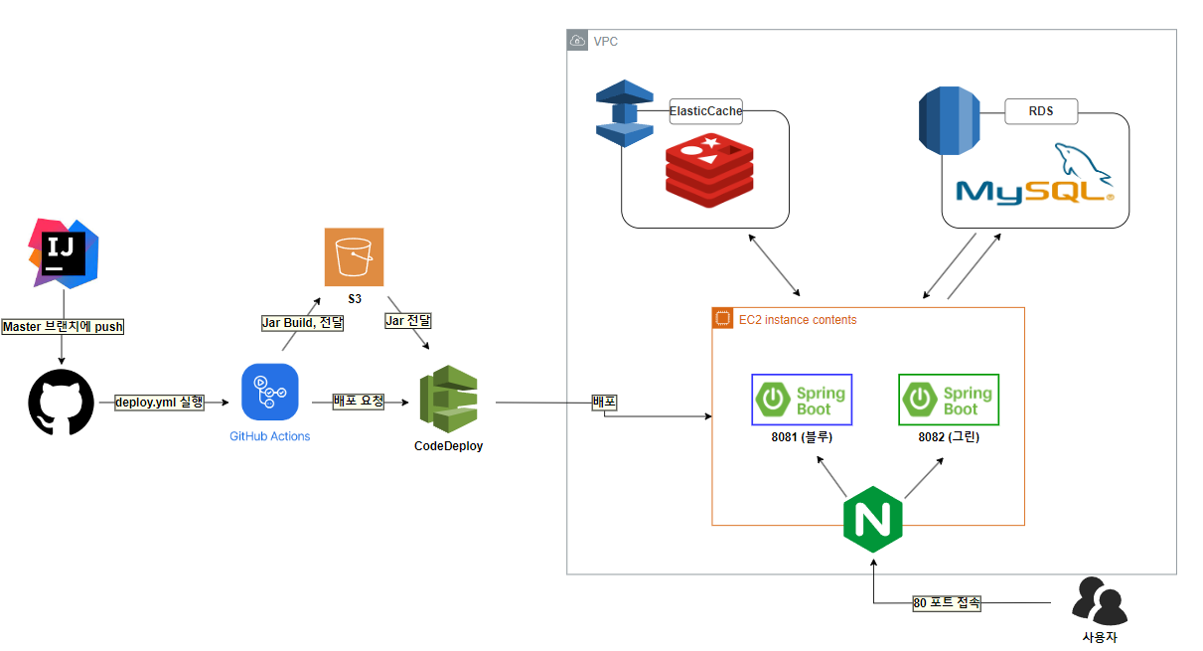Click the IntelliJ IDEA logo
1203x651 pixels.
click(64, 253)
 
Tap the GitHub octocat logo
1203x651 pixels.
click(62, 403)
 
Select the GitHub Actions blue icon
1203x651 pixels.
click(269, 393)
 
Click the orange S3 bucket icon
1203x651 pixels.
click(354, 256)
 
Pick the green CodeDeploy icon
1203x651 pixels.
click(448, 400)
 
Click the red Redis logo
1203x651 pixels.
click(709, 170)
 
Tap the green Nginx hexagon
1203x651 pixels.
click(873, 520)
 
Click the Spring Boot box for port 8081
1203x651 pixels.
click(802, 400)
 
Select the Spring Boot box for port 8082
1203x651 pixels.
click(949, 400)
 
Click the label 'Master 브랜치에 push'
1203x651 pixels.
click(63, 327)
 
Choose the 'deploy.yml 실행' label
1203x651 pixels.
click(160, 403)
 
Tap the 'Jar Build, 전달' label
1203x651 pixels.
click(302, 323)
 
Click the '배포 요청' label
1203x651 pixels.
click(359, 402)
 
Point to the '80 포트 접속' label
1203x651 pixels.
click(947, 603)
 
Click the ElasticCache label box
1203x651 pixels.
click(706, 111)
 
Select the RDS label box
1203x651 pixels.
click(1041, 111)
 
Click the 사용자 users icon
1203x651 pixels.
click(1100, 601)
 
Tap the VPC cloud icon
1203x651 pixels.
click(577, 41)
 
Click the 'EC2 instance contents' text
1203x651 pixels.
click(798, 320)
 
